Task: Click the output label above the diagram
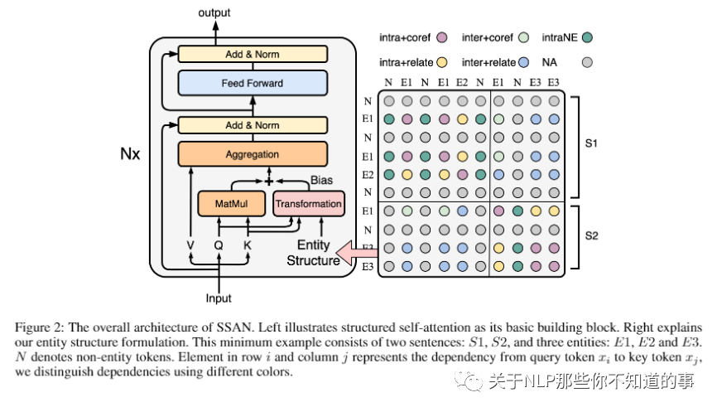[x=215, y=13]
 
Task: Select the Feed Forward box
[x=253, y=83]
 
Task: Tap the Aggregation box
[x=253, y=155]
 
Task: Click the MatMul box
[x=229, y=203]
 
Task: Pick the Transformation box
[x=308, y=203]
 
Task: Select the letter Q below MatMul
[x=219, y=245]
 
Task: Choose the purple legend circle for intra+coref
[x=442, y=37]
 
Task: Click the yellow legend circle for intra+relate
[x=442, y=61]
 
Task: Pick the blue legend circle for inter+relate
[x=523, y=61]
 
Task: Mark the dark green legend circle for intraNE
[x=587, y=37]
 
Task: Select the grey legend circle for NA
[x=587, y=61]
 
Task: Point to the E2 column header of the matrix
[x=461, y=82]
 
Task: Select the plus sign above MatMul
[x=267, y=179]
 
